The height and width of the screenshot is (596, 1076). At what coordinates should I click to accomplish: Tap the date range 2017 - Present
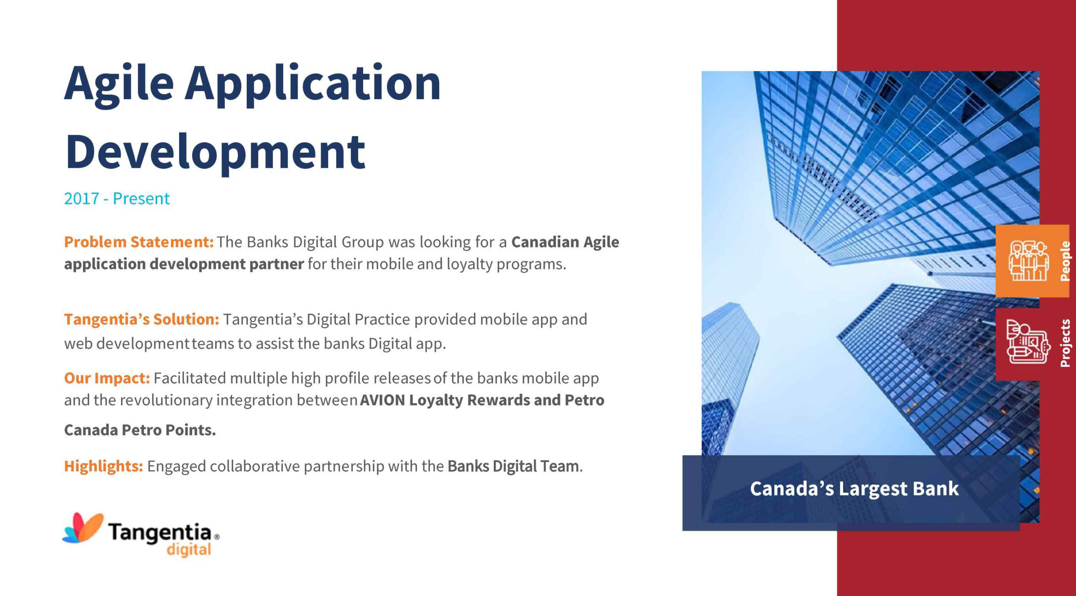pyautogui.click(x=117, y=199)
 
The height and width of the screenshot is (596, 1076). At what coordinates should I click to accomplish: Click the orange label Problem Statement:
pyautogui.click(x=139, y=242)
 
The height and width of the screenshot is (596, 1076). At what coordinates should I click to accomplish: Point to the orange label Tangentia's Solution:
pyautogui.click(x=142, y=319)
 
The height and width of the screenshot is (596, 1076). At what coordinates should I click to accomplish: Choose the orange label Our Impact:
pyautogui.click(x=107, y=379)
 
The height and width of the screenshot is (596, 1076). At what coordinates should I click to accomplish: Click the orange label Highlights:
pyautogui.click(x=103, y=466)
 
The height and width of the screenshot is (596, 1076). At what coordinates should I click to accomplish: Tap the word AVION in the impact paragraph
pyautogui.click(x=382, y=400)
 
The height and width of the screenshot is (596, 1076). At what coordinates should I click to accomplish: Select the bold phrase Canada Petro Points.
pyautogui.click(x=140, y=430)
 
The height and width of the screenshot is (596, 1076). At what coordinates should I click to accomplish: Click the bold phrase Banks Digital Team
pyautogui.click(x=513, y=466)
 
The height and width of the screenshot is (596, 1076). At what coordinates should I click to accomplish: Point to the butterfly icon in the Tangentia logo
pyautogui.click(x=83, y=527)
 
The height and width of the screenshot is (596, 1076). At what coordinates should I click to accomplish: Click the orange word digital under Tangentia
pyautogui.click(x=189, y=550)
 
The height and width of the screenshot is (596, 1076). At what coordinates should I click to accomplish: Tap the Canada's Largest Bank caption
pyautogui.click(x=854, y=489)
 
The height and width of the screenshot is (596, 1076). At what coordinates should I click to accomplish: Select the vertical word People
pyautogui.click(x=1064, y=261)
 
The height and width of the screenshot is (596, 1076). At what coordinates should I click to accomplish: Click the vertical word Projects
pyautogui.click(x=1065, y=343)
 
